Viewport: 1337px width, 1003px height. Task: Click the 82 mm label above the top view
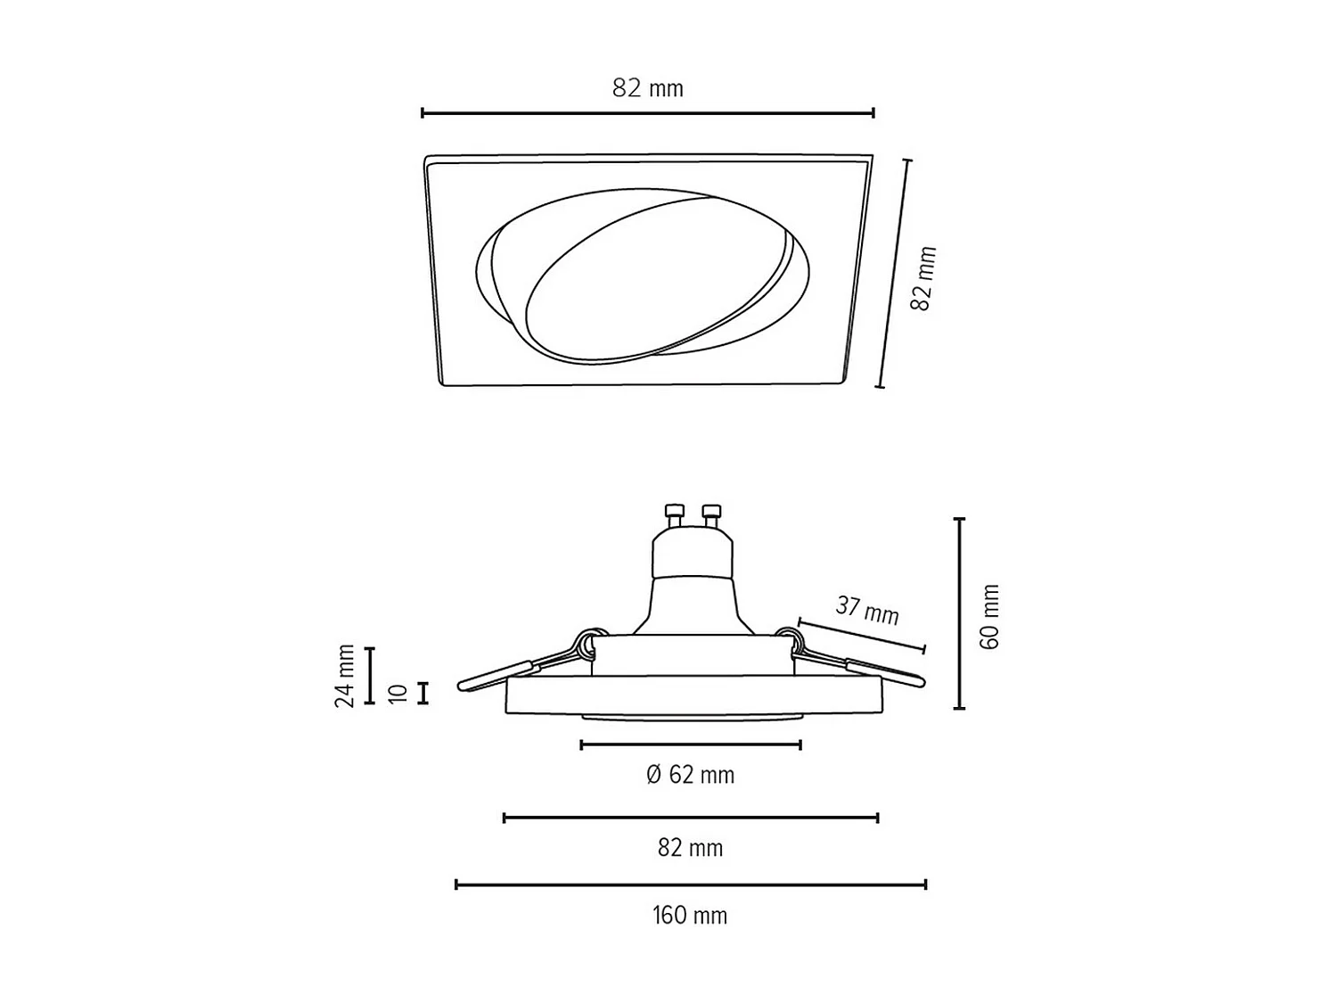pos(648,88)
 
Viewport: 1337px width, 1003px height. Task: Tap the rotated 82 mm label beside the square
pos(924,278)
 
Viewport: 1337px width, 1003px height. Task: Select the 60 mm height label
pos(989,617)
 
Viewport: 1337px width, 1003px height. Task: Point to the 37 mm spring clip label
pos(866,610)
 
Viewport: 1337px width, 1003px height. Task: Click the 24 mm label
pos(345,676)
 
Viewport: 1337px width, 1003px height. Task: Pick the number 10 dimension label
pos(398,693)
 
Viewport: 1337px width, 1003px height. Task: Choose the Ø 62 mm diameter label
pos(691,775)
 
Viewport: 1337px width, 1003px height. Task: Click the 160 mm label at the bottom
pos(690,916)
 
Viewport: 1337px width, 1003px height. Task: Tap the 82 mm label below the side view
pos(690,848)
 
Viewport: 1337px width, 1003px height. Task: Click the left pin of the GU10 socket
pos(674,515)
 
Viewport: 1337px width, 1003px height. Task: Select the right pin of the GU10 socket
pos(710,515)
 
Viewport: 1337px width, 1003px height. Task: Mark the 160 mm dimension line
pos(691,884)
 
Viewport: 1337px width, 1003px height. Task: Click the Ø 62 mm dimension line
pos(691,744)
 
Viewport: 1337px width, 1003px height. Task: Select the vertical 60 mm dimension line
pos(960,613)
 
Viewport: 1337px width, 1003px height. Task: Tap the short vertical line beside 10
pos(423,693)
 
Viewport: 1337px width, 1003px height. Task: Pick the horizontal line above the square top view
pos(648,113)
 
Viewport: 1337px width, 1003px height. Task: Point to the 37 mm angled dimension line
pos(861,634)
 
